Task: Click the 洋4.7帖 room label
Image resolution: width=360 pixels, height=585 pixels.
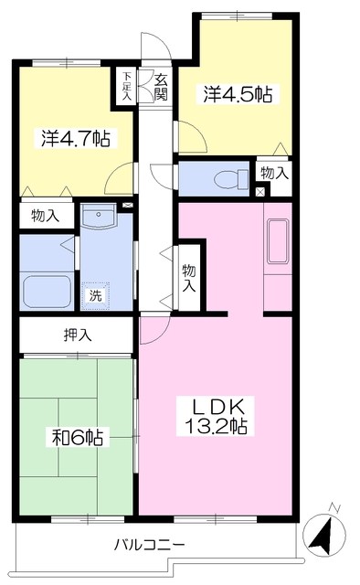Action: [76, 138]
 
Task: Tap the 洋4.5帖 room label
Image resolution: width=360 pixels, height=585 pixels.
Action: [238, 94]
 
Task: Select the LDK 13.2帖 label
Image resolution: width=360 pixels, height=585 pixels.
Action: [216, 416]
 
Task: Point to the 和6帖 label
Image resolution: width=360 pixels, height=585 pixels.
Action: [78, 437]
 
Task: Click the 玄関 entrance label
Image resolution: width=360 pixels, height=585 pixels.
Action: [161, 88]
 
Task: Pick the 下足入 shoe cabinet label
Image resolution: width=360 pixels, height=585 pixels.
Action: [127, 86]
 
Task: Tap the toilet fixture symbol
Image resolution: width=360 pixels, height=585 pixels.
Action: [231, 179]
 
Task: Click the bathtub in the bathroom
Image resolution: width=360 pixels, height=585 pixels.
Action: [47, 292]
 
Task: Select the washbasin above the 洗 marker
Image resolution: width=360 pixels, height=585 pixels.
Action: [99, 216]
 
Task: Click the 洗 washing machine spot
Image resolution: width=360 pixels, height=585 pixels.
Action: [96, 296]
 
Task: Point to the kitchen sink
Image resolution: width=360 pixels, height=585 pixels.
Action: [278, 241]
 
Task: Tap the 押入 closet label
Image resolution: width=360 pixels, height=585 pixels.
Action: [78, 335]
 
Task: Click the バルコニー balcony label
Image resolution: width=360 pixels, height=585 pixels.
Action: [149, 545]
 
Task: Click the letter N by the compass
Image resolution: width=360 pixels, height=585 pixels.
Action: [334, 508]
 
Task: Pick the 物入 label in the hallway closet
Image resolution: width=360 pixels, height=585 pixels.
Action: [189, 278]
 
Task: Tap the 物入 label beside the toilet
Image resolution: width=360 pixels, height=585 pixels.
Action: [275, 173]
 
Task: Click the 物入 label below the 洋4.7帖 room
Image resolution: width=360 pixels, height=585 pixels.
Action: [46, 216]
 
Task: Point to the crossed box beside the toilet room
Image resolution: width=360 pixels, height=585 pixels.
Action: [260, 193]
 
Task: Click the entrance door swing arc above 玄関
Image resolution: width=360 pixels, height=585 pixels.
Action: [156, 45]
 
